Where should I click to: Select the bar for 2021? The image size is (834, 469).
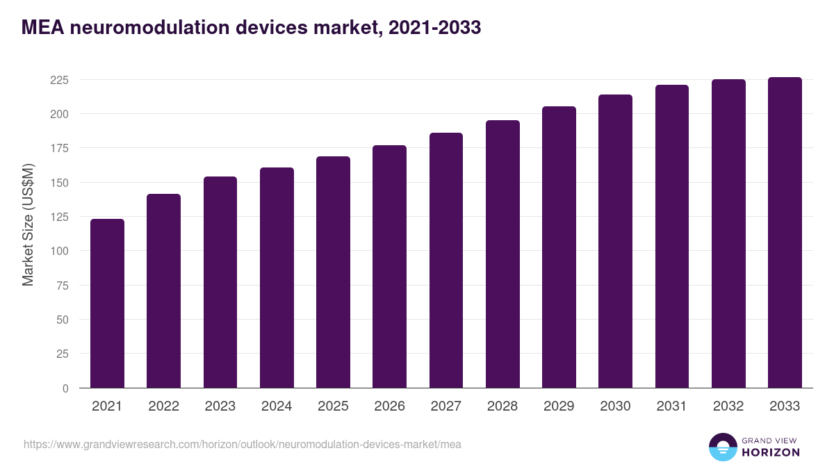click(107, 304)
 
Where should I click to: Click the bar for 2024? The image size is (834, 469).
click(277, 278)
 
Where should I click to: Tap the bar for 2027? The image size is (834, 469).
click(446, 261)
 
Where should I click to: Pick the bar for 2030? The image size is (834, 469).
click(615, 241)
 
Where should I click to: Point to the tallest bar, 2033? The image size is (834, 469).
click(785, 233)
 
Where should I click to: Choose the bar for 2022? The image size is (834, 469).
click(163, 291)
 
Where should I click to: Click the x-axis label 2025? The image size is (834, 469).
click(333, 406)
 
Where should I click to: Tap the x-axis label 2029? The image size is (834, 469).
click(559, 406)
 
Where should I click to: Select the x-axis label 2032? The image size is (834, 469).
click(728, 406)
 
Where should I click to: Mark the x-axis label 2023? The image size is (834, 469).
click(220, 406)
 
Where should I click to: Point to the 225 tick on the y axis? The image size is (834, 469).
click(60, 80)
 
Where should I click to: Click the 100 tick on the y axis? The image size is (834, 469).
click(60, 251)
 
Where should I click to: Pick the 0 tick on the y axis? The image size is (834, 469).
click(65, 388)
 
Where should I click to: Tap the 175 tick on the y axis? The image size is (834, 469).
click(60, 148)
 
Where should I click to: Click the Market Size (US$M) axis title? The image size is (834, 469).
click(28, 224)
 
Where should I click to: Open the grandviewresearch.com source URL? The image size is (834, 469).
click(243, 444)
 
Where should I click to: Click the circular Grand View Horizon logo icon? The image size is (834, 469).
click(723, 447)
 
